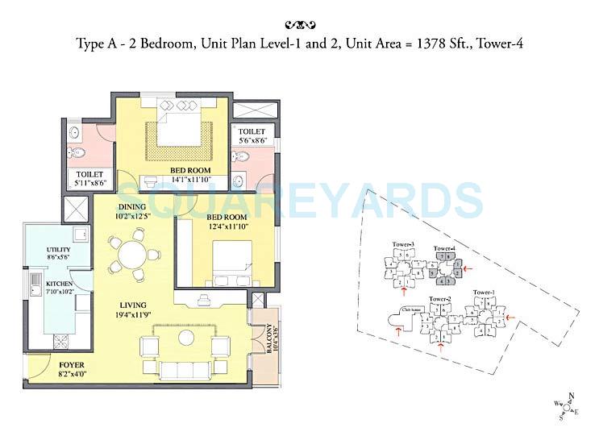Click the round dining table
[128, 255]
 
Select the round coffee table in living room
[187, 335]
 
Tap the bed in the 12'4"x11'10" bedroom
[232, 259]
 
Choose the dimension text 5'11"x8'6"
[89, 184]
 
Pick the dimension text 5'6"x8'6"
[253, 140]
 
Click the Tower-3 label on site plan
[403, 244]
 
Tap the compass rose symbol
[568, 405]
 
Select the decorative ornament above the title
[300, 24]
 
